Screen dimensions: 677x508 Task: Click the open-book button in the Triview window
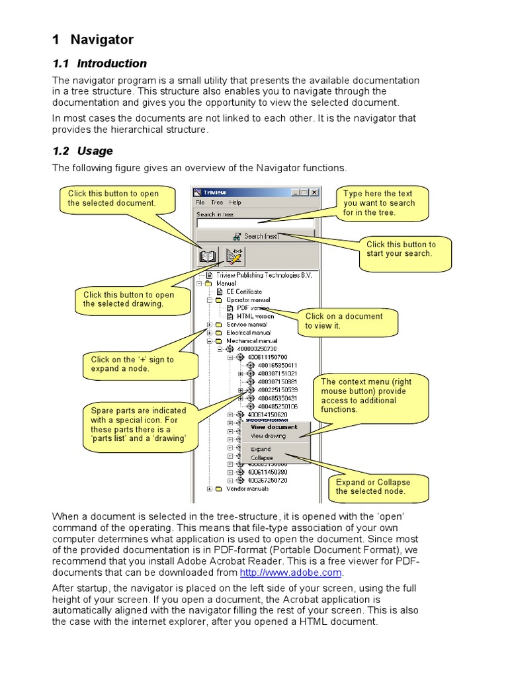click(x=208, y=256)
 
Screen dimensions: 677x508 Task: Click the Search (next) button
click(x=257, y=236)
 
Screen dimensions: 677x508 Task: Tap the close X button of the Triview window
click(x=314, y=192)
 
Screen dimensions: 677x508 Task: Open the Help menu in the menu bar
click(x=235, y=202)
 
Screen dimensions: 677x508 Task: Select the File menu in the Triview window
click(x=200, y=202)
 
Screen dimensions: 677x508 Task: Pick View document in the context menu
click(x=274, y=427)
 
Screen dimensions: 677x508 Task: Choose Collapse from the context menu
click(x=261, y=458)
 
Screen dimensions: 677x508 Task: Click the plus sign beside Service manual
click(x=210, y=325)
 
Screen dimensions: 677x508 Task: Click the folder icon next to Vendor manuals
click(x=219, y=489)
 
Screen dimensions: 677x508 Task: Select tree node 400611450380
click(x=268, y=472)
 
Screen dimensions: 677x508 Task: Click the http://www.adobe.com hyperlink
click(x=290, y=573)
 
